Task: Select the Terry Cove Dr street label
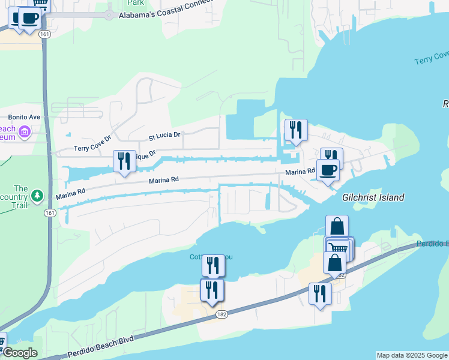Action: coord(92,143)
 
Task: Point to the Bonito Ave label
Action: coord(23,117)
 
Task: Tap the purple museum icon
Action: coord(25,131)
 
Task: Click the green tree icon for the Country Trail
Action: coord(37,196)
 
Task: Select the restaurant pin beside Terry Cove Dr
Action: coord(124,161)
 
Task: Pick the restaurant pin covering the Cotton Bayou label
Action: coord(213,265)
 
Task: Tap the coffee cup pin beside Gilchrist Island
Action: coord(328,170)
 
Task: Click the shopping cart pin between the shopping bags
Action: coord(339,248)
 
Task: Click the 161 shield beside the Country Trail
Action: coord(49,212)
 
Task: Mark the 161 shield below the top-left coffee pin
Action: coord(44,35)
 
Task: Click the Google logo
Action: coord(19,353)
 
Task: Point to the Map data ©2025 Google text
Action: coord(411,355)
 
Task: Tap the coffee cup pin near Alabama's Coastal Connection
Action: coord(28,17)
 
